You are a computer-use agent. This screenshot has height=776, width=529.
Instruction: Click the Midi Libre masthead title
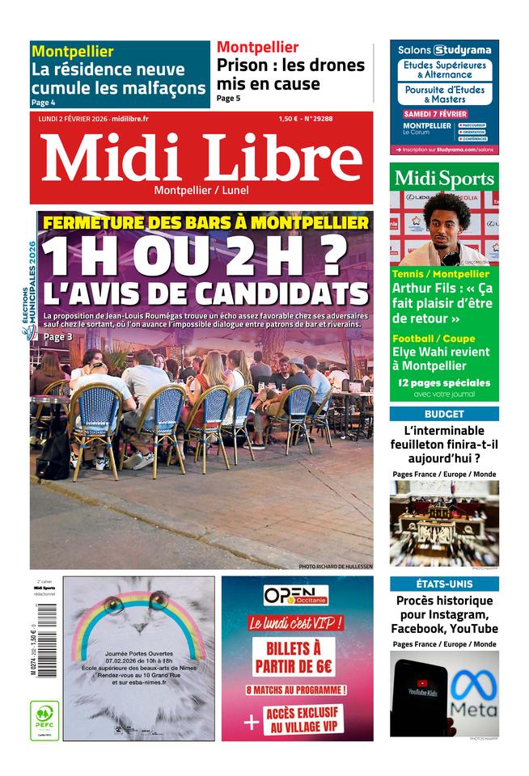click(202, 158)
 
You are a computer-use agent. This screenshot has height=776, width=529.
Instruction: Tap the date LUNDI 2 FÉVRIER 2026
click(73, 119)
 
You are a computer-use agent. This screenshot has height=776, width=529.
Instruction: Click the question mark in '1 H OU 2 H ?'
click(334, 256)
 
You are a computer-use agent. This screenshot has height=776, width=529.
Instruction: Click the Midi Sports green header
click(444, 178)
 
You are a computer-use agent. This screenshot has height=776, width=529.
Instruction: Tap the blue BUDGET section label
click(444, 413)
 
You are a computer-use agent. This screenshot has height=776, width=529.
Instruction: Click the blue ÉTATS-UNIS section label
click(444, 584)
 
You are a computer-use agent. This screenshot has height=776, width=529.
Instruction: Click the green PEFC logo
click(44, 716)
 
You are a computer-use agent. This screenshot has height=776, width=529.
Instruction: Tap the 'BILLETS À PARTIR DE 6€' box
click(296, 656)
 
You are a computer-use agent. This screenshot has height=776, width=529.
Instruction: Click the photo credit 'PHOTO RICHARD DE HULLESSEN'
click(335, 567)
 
